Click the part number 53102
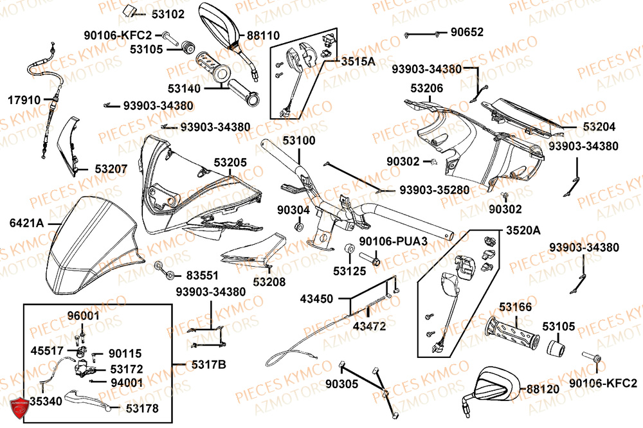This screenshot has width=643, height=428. click(x=168, y=13)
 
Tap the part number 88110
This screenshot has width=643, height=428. click(x=263, y=37)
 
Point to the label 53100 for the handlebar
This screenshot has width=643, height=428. click(x=297, y=140)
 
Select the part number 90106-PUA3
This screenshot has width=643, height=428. click(x=393, y=242)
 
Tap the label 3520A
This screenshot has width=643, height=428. click(x=523, y=230)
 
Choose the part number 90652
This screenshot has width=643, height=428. click(x=467, y=31)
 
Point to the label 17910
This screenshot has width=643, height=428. click(x=24, y=100)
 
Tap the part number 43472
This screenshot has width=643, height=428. click(x=369, y=326)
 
